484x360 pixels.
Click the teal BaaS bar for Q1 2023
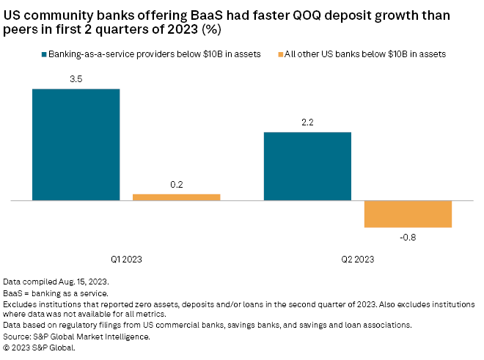click(x=76, y=144)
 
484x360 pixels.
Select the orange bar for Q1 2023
click(x=176, y=197)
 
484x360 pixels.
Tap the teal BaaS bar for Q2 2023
click(x=307, y=166)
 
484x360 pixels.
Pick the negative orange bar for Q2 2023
click(x=408, y=213)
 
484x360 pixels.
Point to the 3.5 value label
click(x=76, y=79)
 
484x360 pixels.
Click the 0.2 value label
click(x=176, y=185)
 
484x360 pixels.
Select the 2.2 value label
click(x=307, y=122)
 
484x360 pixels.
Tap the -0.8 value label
click(x=408, y=237)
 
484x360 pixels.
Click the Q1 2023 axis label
click(x=126, y=259)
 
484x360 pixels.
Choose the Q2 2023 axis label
click(x=358, y=259)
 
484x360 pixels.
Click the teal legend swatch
click(x=44, y=54)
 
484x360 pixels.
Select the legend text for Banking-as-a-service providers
click(x=154, y=54)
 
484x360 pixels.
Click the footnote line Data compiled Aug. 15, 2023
click(x=56, y=282)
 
